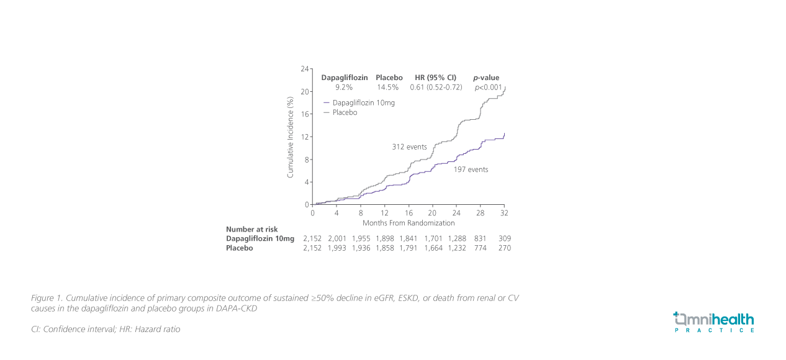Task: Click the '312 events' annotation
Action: pyautogui.click(x=409, y=147)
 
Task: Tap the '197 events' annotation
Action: pyautogui.click(x=471, y=169)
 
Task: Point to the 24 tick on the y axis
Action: pyautogui.click(x=305, y=69)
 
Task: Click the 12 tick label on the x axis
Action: pyautogui.click(x=385, y=213)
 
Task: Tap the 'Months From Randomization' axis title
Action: pyautogui.click(x=409, y=223)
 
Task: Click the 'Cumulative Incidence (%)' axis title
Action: pyautogui.click(x=290, y=137)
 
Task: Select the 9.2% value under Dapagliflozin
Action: pyautogui.click(x=344, y=88)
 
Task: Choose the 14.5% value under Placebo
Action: pyautogui.click(x=388, y=88)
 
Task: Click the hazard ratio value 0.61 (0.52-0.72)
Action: pyautogui.click(x=436, y=88)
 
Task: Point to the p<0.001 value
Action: pyautogui.click(x=488, y=88)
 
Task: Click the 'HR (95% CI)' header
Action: pyautogui.click(x=435, y=78)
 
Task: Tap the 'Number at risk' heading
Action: pyautogui.click(x=248, y=229)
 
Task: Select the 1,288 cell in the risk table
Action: pyautogui.click(x=457, y=238)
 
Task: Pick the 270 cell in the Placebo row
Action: pyautogui.click(x=504, y=248)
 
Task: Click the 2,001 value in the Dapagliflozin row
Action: pyautogui.click(x=337, y=238)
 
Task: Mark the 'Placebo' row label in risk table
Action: pyautogui.click(x=240, y=248)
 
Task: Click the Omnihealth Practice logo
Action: pyautogui.click(x=714, y=322)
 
